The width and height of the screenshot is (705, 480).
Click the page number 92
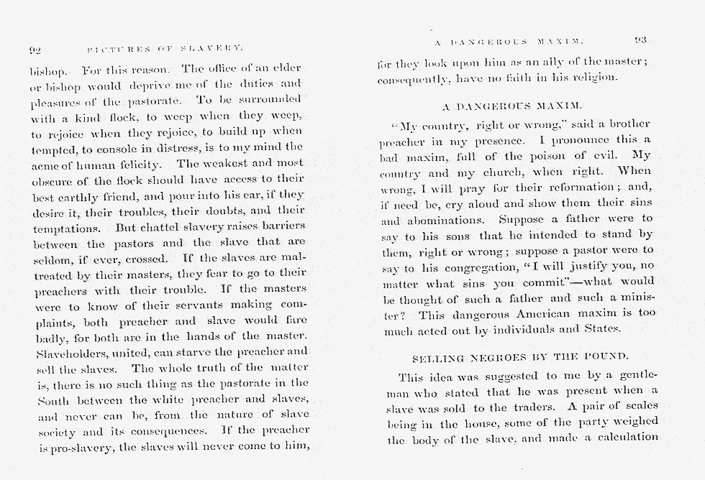(x=34, y=50)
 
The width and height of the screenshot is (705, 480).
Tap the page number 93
(x=642, y=40)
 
